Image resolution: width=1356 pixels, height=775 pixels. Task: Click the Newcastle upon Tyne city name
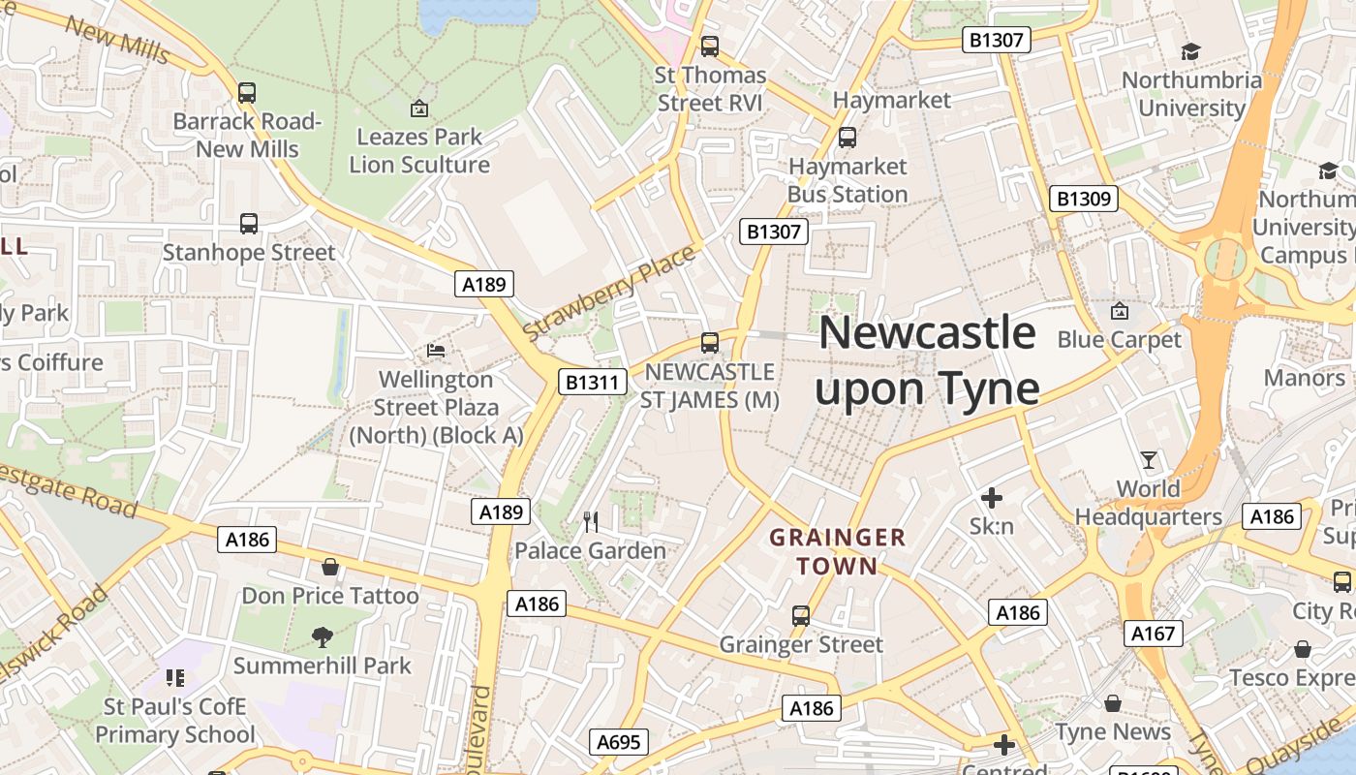coord(927,360)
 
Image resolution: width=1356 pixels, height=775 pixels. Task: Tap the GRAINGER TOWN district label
coord(837,551)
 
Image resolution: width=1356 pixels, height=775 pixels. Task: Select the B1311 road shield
coord(592,382)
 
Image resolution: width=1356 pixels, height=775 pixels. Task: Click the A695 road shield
coord(618,742)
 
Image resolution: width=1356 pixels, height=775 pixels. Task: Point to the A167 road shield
coord(1154,634)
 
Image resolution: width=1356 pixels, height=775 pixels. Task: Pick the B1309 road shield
coord(1083,199)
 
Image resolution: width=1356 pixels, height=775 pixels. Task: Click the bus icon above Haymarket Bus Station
coord(847,138)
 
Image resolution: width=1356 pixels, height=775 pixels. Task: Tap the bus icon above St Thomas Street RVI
coord(710,46)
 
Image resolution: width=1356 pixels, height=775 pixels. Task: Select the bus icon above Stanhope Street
coord(249,224)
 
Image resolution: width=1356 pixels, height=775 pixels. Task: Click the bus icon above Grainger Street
coord(801,616)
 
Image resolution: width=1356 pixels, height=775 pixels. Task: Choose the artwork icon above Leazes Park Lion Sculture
coord(419,108)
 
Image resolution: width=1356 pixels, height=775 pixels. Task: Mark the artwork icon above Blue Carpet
coord(1120,311)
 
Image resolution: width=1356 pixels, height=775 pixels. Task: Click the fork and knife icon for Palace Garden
coord(591,522)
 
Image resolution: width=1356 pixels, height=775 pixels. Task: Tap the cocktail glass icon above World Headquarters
coord(1149,460)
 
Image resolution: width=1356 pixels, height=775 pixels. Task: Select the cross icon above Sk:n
coord(992,498)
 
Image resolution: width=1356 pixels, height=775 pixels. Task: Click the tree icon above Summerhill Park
coord(323,636)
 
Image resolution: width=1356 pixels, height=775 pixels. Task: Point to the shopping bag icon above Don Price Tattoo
coord(330,567)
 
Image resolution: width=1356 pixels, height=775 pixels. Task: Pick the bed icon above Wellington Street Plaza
coord(437,350)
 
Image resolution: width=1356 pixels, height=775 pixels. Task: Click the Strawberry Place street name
coord(609,294)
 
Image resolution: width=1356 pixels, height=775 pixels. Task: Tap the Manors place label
coord(1304,378)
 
